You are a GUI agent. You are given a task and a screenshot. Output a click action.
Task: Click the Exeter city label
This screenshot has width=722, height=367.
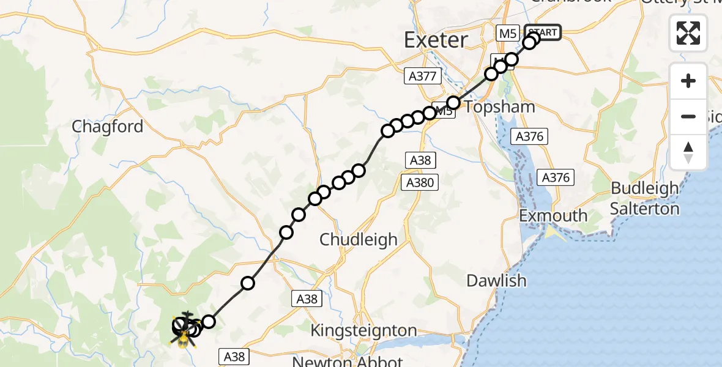[436, 40]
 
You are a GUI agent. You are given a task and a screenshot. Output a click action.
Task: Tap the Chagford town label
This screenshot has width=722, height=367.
[108, 127]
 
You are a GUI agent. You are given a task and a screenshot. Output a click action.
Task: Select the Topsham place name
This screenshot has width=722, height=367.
[499, 107]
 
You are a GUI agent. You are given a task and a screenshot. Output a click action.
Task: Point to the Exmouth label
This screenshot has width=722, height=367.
[553, 216]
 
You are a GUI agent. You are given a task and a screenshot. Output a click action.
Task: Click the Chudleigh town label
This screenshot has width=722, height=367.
[359, 239]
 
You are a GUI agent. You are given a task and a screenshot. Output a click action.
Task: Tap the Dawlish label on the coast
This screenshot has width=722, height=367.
[496, 281]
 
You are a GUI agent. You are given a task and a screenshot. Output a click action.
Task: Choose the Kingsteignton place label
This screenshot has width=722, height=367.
[363, 331]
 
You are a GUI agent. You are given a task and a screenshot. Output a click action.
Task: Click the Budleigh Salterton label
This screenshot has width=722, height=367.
[645, 198]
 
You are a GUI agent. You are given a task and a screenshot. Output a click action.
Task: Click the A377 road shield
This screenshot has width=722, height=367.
[423, 76]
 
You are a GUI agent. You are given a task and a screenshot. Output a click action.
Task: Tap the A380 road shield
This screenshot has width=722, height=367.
[420, 182]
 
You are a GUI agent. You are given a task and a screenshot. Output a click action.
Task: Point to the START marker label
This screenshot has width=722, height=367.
[542, 32]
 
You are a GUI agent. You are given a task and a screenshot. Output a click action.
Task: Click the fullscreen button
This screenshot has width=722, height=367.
[688, 33]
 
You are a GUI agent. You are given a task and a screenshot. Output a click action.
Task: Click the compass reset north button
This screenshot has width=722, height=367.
[688, 152]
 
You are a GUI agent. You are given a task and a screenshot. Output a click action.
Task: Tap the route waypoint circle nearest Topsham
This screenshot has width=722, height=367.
[453, 103]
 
